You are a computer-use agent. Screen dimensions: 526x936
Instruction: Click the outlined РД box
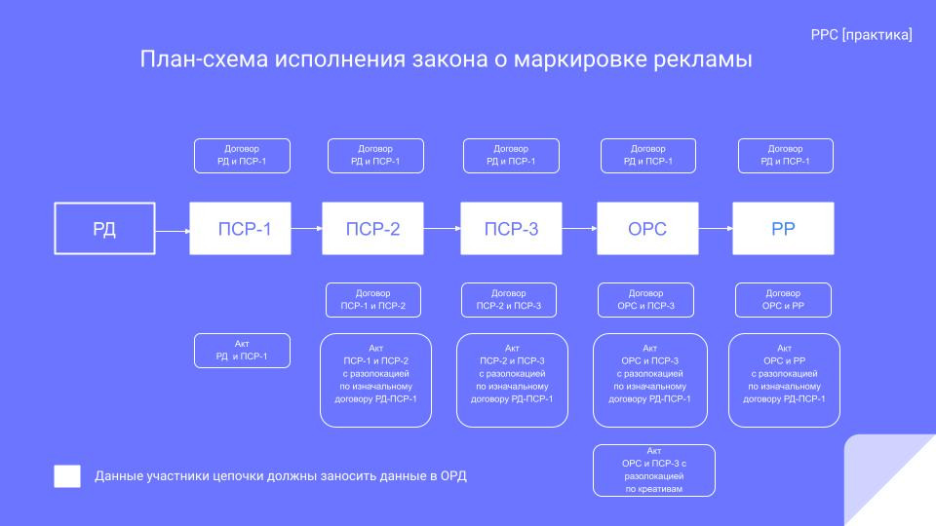(x=104, y=229)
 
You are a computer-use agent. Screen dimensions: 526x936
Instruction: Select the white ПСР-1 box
(x=240, y=229)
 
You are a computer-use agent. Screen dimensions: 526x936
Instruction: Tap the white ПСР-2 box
(x=372, y=229)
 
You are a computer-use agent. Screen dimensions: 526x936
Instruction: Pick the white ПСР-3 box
(x=511, y=229)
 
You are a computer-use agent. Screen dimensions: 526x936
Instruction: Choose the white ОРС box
(x=647, y=229)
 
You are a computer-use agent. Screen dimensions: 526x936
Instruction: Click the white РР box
(x=784, y=229)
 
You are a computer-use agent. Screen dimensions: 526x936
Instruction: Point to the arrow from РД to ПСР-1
(x=173, y=231)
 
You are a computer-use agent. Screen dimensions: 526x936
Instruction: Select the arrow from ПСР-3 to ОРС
(x=579, y=229)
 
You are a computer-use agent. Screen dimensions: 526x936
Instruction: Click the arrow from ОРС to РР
(x=716, y=229)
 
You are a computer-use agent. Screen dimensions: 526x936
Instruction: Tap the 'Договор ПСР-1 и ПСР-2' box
(x=373, y=300)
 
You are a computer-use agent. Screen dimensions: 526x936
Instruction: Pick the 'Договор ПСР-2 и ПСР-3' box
(x=508, y=300)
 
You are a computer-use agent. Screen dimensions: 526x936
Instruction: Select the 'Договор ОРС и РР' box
(x=783, y=300)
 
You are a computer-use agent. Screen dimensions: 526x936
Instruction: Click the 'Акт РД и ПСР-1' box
(x=242, y=351)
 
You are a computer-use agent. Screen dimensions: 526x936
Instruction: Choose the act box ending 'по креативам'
(x=653, y=470)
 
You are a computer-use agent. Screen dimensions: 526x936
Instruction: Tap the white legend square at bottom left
(x=67, y=476)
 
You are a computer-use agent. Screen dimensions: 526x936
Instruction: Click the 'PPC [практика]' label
(x=861, y=35)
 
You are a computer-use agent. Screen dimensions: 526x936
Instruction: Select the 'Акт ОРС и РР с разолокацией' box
(x=784, y=380)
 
